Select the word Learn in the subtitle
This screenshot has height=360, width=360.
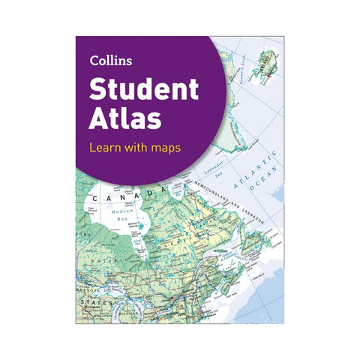tap(105, 147)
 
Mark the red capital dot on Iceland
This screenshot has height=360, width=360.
tap(260, 62)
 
